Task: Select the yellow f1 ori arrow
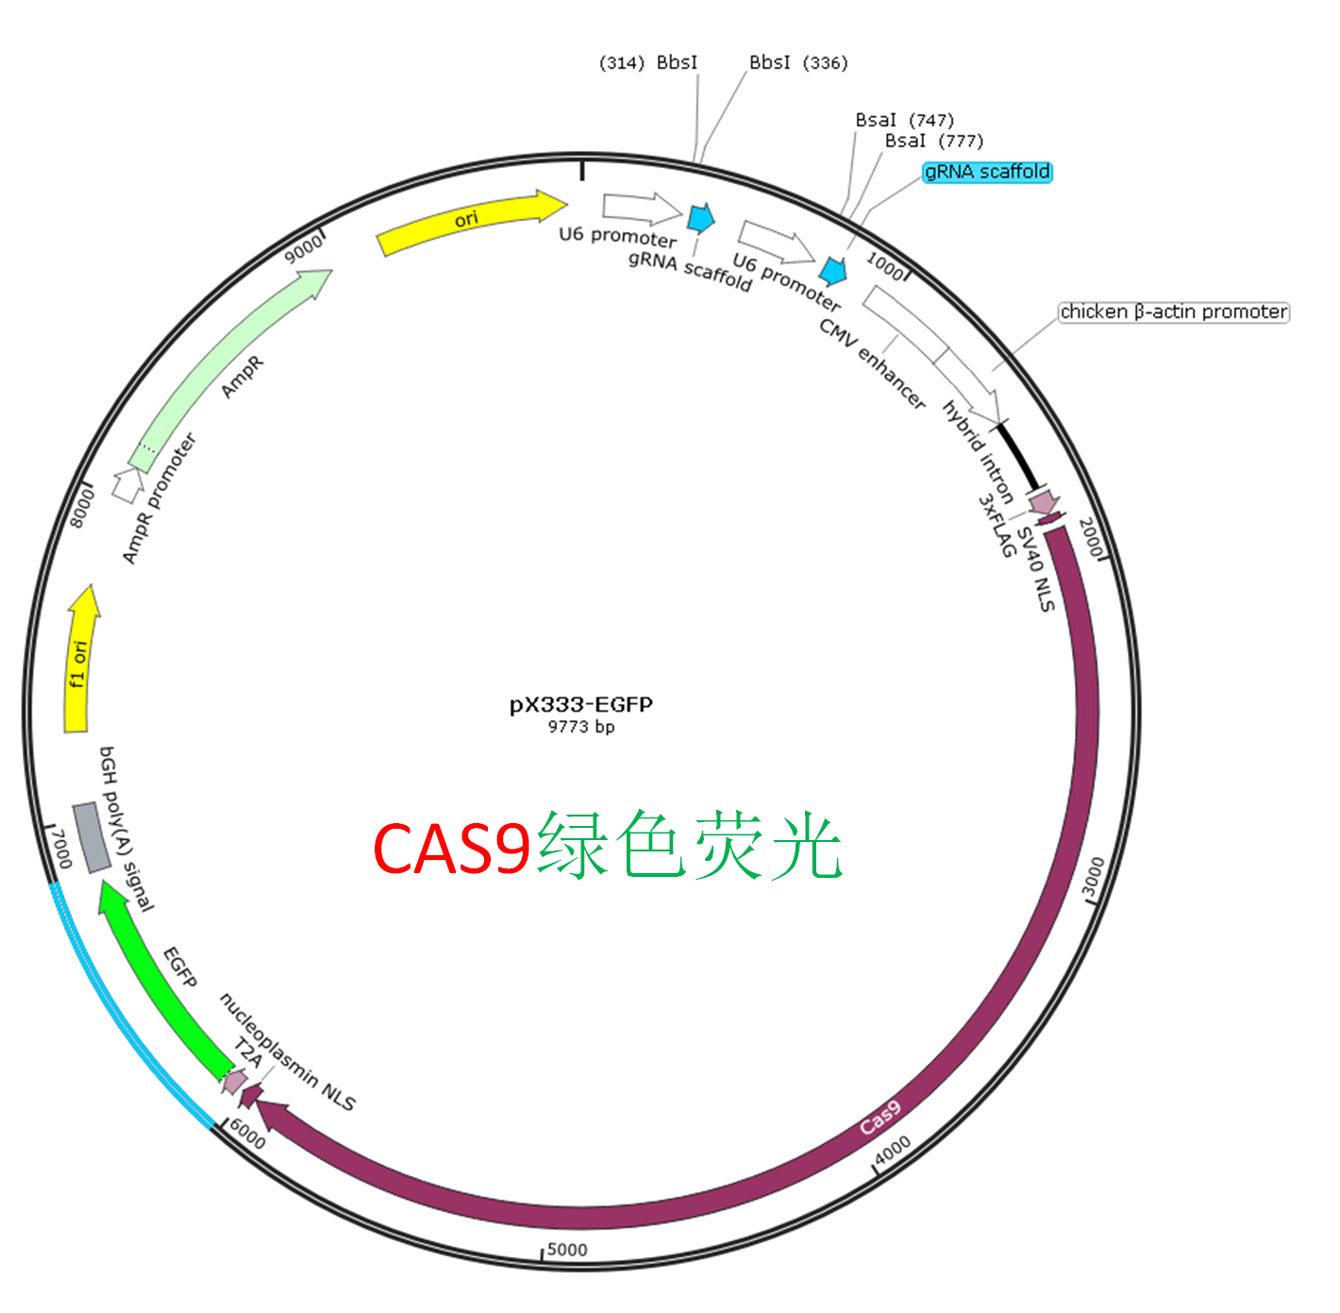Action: tap(80, 661)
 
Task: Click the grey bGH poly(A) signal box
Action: tap(92, 837)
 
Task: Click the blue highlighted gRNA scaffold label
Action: tap(987, 172)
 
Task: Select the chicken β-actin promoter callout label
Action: tap(1174, 311)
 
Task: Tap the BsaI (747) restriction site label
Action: tap(905, 121)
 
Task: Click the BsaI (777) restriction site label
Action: tap(934, 142)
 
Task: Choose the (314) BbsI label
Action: tap(648, 62)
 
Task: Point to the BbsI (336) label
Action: tap(798, 62)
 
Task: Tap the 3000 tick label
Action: tap(1093, 877)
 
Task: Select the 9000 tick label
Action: tap(304, 248)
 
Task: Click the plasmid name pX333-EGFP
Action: tap(581, 705)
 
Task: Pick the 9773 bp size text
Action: tap(581, 727)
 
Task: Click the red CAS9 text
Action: tap(452, 848)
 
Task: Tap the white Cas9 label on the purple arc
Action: tap(880, 1118)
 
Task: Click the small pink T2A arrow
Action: tap(234, 1082)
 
